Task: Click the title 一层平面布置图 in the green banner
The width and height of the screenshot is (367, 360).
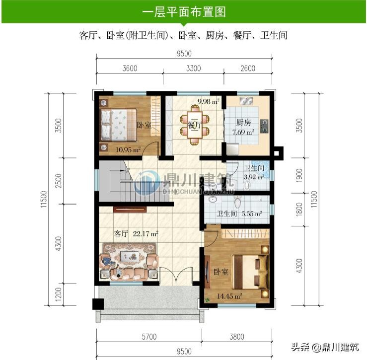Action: pyautogui.click(x=184, y=12)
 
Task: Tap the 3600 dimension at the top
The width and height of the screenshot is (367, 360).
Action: pyautogui.click(x=130, y=69)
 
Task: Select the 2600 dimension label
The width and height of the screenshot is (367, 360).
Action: pyautogui.click(x=248, y=69)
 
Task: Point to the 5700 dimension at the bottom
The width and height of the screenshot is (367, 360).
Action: pyautogui.click(x=149, y=337)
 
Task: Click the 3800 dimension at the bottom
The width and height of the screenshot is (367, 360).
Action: pyautogui.click(x=237, y=337)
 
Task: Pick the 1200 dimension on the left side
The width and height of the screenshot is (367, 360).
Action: pyautogui.click(x=59, y=294)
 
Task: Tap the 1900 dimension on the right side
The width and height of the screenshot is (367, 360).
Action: pyautogui.click(x=299, y=175)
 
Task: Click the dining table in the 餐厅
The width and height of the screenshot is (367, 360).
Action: pyautogui.click(x=195, y=125)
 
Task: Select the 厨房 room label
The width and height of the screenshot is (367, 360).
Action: pyautogui.click(x=244, y=123)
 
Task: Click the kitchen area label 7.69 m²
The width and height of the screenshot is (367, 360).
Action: pyautogui.click(x=243, y=132)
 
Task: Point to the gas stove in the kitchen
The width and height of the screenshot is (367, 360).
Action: pyautogui.click(x=264, y=126)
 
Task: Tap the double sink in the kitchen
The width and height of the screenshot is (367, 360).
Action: pyautogui.click(x=246, y=101)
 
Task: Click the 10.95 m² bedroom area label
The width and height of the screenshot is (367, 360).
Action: pyautogui.click(x=128, y=149)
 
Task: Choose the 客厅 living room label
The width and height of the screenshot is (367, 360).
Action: pyautogui.click(x=121, y=233)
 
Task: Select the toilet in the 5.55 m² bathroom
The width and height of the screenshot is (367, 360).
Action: pyautogui.click(x=237, y=202)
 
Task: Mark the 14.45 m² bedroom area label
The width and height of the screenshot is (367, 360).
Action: pyautogui.click(x=229, y=296)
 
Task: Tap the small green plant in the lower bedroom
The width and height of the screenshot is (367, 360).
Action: pyautogui.click(x=207, y=299)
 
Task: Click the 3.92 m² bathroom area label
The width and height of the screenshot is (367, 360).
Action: pyautogui.click(x=254, y=177)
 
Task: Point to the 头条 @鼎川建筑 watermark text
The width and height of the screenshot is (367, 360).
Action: pyautogui.click(x=325, y=347)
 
